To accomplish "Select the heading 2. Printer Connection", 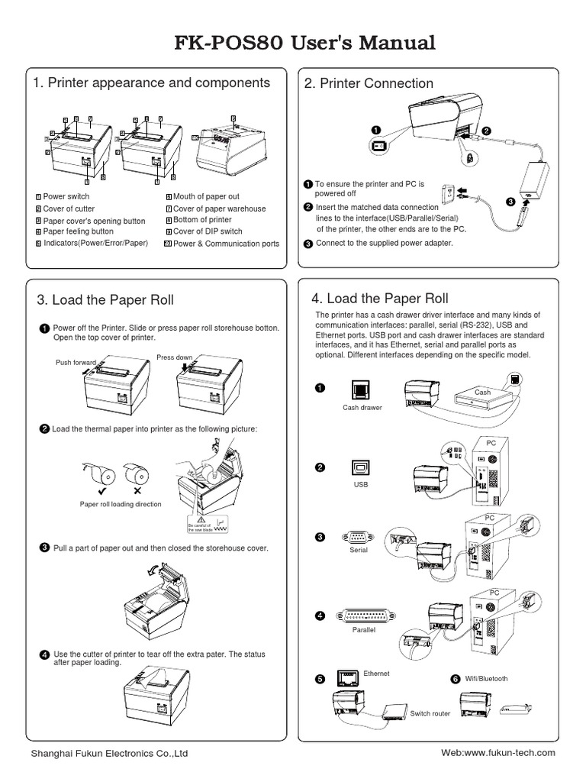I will [369, 83].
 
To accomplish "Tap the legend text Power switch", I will [66, 197].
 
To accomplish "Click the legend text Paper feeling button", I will [79, 231].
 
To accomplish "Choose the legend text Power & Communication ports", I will [226, 244].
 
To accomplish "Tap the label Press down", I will [174, 357].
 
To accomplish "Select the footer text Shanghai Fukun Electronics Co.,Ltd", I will [109, 754].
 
